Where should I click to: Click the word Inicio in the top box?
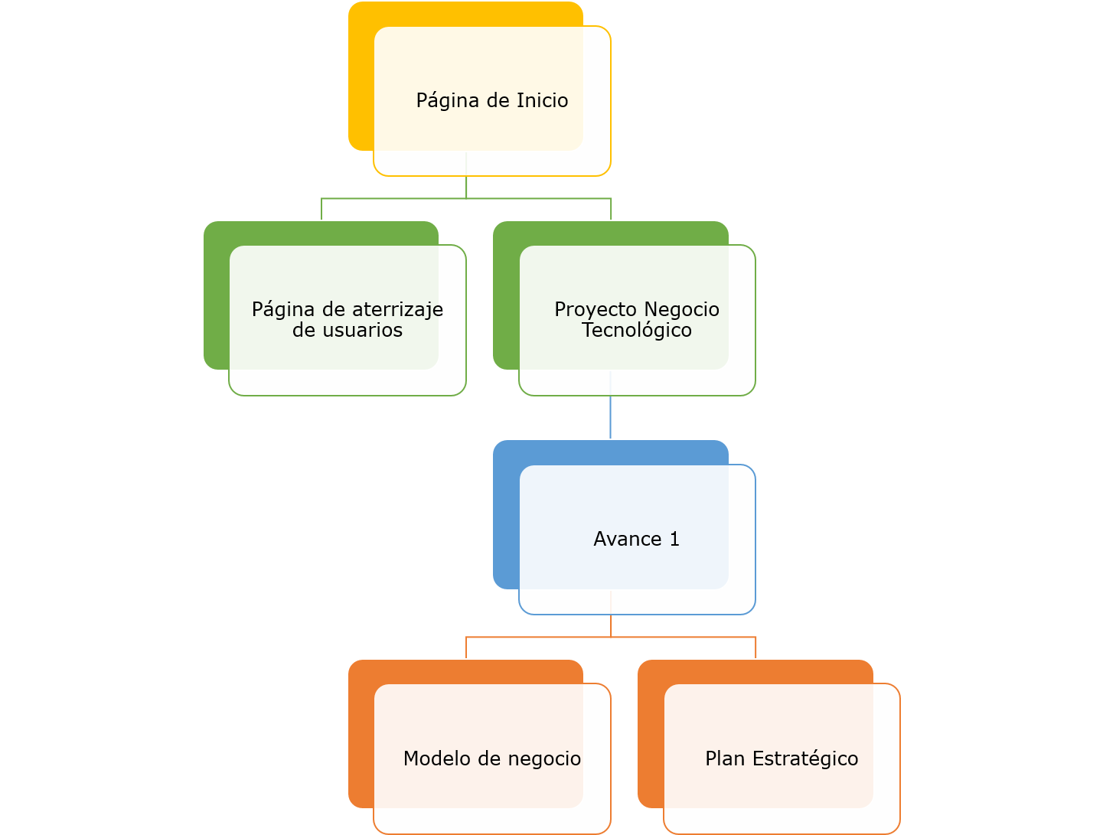pos(542,100)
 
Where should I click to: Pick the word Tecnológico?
pos(637,331)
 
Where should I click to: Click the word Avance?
pos(627,540)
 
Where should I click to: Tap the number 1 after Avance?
pos(674,540)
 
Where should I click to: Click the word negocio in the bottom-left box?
pos(544,759)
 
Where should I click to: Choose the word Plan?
pos(725,758)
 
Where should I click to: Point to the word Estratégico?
pos(805,759)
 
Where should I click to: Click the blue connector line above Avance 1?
pos(610,418)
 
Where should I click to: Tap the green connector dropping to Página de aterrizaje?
pos(321,209)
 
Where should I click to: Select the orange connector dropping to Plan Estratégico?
pos(755,647)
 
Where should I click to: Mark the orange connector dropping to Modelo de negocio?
pos(466,647)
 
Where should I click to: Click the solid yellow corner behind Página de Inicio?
pos(361,77)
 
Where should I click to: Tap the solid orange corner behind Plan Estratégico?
pos(650,735)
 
